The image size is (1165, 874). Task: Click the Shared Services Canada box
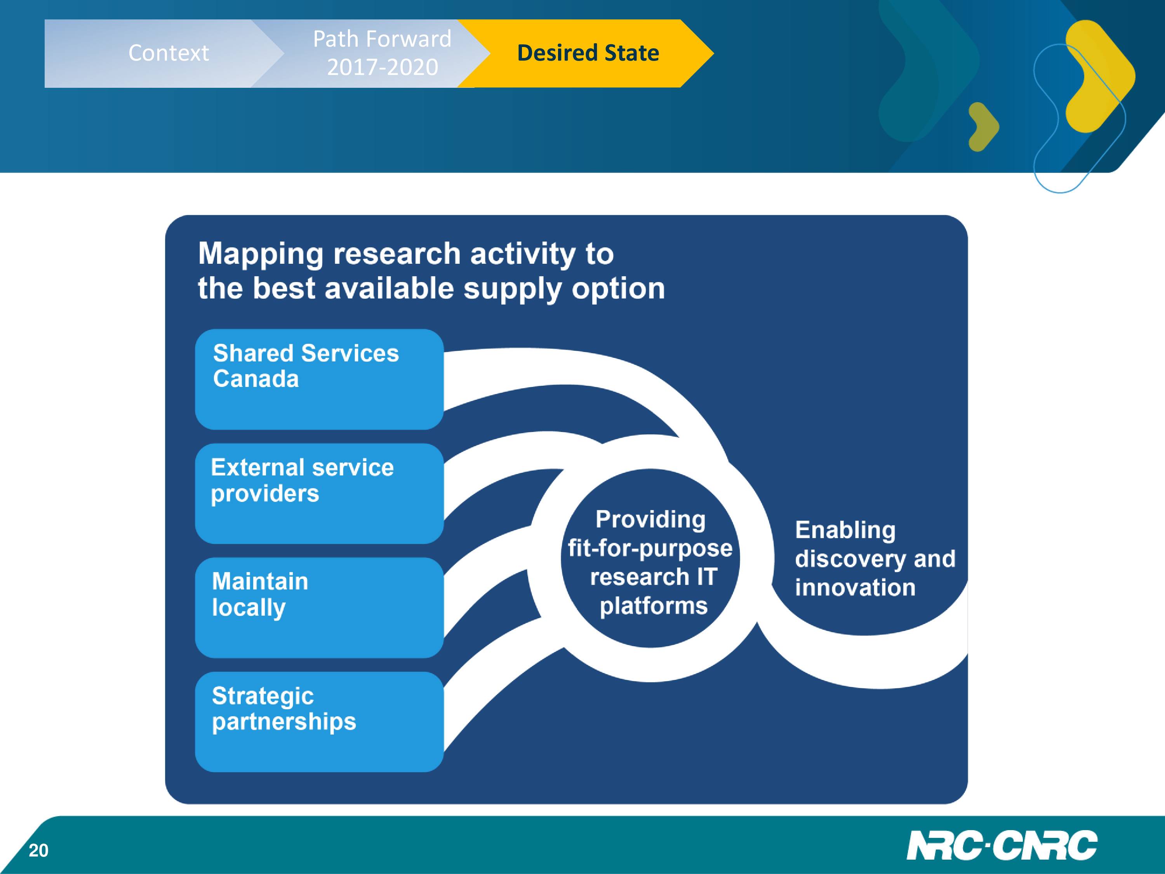click(x=319, y=379)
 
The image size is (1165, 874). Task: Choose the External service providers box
click(x=319, y=494)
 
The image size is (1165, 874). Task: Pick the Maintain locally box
click(x=319, y=608)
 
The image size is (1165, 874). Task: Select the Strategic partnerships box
click(x=319, y=722)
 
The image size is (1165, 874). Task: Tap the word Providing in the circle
click(x=650, y=519)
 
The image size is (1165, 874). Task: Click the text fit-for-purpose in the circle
click(x=650, y=548)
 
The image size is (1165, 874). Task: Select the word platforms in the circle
click(x=654, y=606)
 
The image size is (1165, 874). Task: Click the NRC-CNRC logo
click(x=1002, y=846)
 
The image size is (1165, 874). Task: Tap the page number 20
click(x=38, y=850)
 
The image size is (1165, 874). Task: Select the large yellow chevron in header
click(x=1100, y=77)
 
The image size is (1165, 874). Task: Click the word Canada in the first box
click(x=256, y=379)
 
